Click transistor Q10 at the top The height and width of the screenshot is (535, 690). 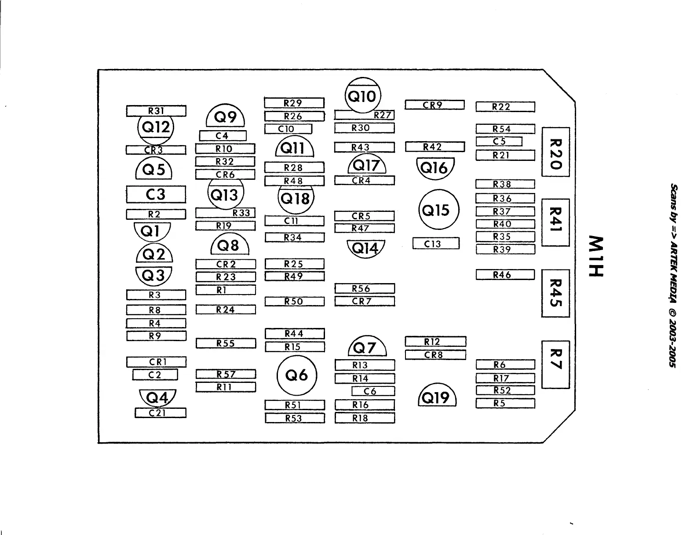(x=363, y=95)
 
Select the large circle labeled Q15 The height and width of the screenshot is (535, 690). (x=438, y=210)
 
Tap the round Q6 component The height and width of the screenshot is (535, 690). (x=297, y=375)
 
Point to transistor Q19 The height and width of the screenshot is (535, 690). (x=437, y=397)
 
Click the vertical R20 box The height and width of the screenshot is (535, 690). (x=556, y=152)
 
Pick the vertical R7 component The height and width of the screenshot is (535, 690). (x=556, y=364)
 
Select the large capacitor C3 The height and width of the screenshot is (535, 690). (x=156, y=194)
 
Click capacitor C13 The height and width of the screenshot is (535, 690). (x=436, y=244)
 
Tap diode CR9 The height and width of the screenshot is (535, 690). (x=434, y=105)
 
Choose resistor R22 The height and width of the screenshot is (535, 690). (x=505, y=106)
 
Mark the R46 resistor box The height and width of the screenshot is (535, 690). (x=505, y=275)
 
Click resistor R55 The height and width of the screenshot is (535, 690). (x=226, y=343)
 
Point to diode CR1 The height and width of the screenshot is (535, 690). (x=156, y=362)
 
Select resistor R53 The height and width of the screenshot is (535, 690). (x=295, y=418)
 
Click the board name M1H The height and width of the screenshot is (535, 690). (x=597, y=256)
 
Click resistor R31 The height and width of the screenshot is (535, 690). (x=156, y=111)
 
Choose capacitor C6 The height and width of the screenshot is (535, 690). (x=373, y=391)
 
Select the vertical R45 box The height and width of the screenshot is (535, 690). (x=556, y=293)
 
